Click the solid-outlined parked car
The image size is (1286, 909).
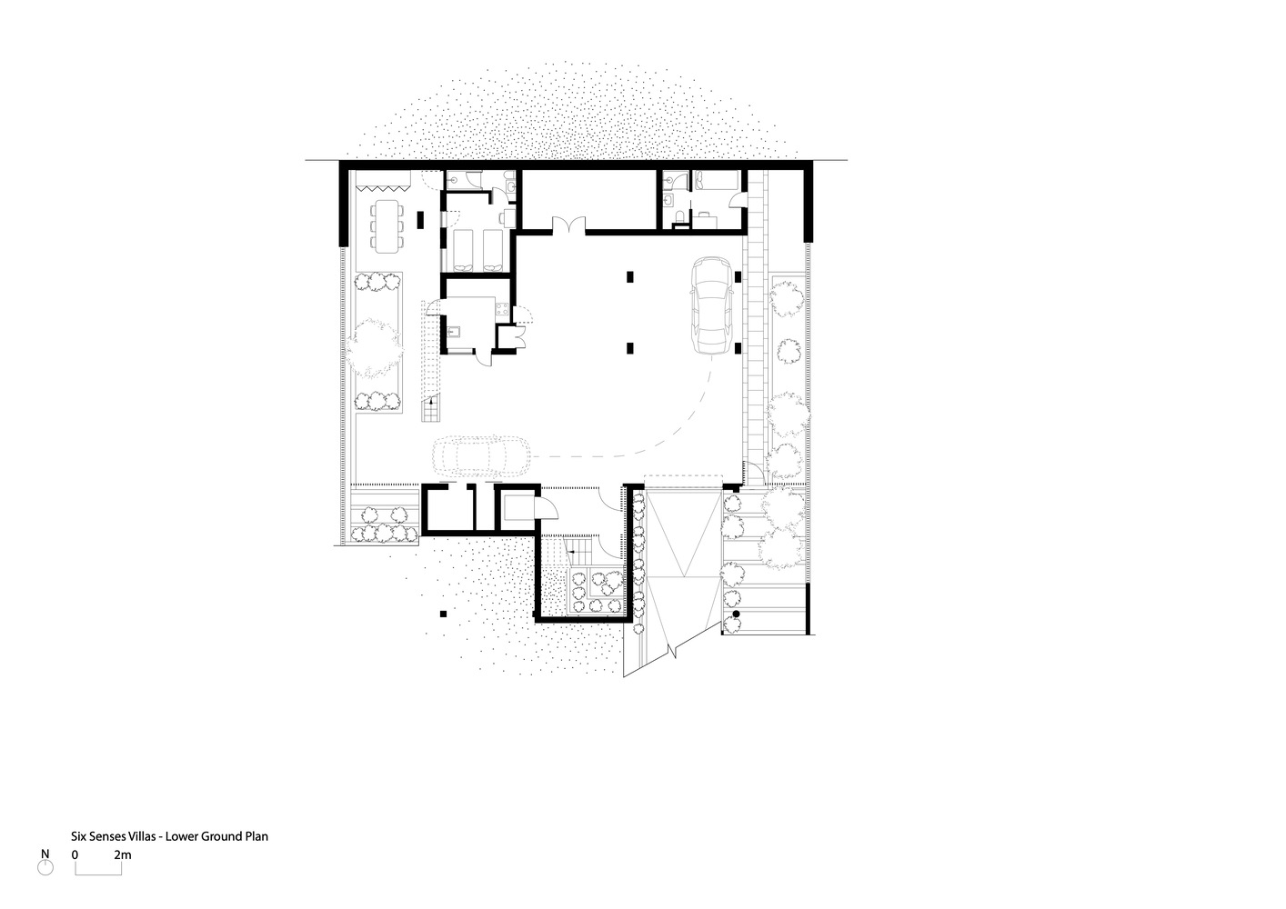[712, 305]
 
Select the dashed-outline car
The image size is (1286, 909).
[482, 456]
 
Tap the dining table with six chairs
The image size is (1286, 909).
[387, 225]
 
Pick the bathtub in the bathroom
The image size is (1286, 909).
[716, 180]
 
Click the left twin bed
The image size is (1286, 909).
[463, 250]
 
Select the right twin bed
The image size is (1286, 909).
[493, 250]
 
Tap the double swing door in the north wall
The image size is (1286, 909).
[568, 225]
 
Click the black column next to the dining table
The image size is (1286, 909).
[420, 220]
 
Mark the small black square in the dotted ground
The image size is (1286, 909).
[443, 614]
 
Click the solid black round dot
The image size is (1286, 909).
[736, 614]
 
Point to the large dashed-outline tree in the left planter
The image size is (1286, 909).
[373, 348]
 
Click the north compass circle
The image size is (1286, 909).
[45, 868]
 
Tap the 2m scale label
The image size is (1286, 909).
[122, 855]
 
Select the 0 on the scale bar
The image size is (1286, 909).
[75, 855]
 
